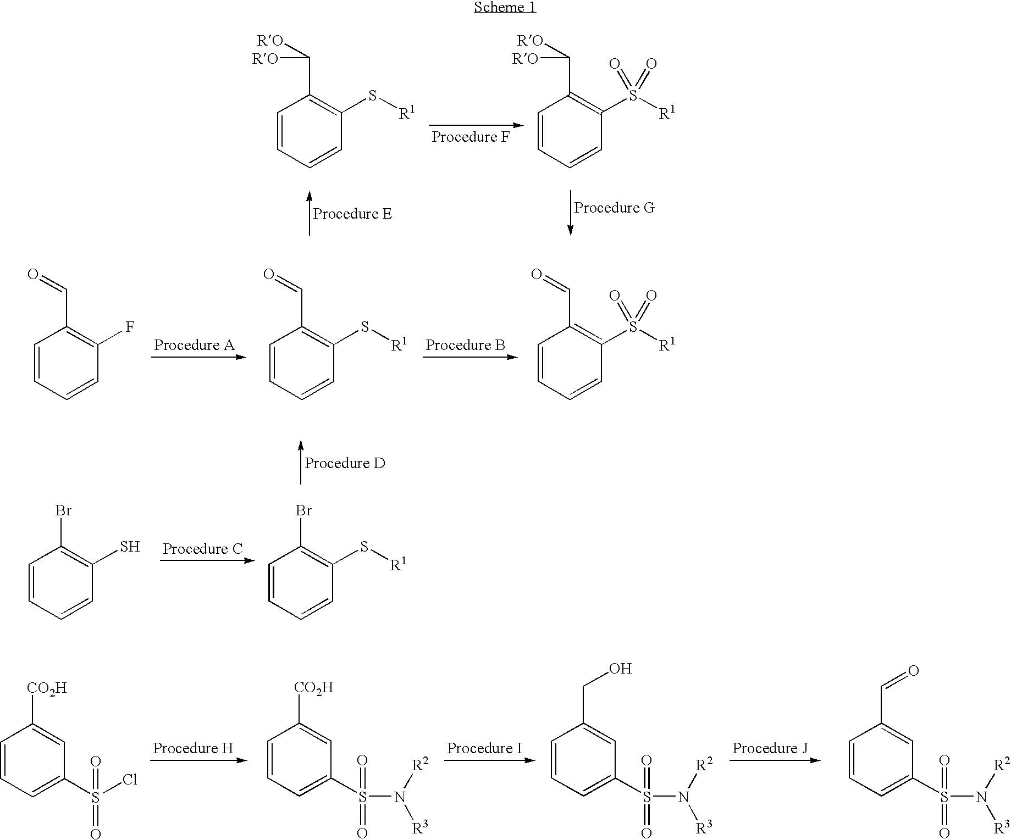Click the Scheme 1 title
[505, 7]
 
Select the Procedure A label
[194, 345]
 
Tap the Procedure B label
[465, 345]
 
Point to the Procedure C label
[203, 549]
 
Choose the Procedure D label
[345, 463]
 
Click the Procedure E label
[352, 214]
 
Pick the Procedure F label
[471, 137]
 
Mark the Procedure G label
[615, 208]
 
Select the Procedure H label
[193, 748]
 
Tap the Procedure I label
[484, 748]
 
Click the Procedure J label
[770, 748]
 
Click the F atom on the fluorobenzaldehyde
[130, 327]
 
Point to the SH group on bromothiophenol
[130, 547]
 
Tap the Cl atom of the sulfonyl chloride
[130, 780]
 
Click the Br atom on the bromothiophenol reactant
[63, 510]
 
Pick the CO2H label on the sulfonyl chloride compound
[47, 688]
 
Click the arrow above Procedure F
[476, 125]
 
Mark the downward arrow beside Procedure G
[570, 213]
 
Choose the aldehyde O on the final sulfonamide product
[914, 670]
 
